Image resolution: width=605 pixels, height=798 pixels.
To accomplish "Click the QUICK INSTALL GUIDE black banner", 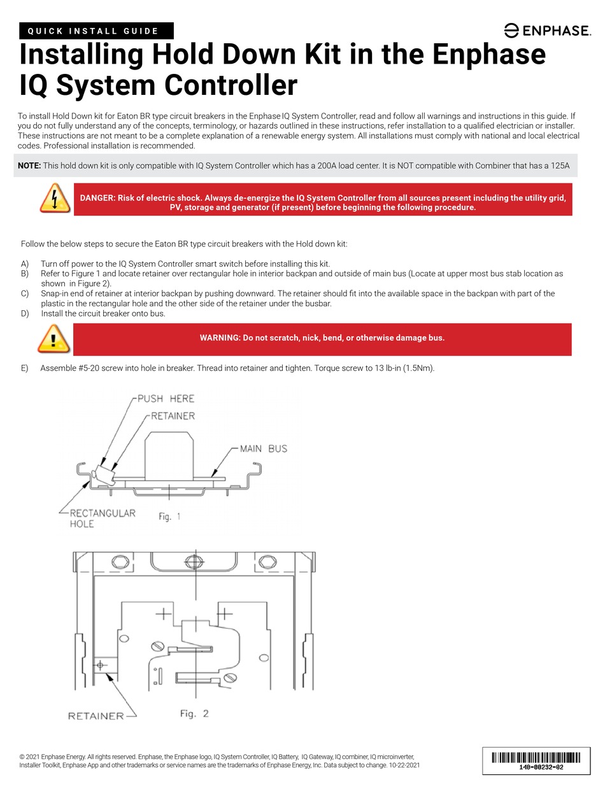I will [97, 31].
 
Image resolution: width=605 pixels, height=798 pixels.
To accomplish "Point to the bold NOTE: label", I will [29, 166].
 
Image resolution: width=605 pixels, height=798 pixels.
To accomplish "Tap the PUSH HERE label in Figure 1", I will [166, 399].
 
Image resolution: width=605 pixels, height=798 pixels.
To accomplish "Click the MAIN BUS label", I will [263, 448].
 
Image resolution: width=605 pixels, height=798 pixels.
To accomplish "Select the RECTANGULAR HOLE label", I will [102, 518].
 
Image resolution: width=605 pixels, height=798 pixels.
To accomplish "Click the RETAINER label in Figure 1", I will [173, 416].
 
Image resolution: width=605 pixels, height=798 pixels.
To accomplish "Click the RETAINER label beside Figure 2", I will [96, 716].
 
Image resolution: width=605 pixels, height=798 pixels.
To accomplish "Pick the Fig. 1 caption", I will [169, 517].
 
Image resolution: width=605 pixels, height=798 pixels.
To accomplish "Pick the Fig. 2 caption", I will [194, 713].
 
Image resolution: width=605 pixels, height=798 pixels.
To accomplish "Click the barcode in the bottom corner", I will [536, 757].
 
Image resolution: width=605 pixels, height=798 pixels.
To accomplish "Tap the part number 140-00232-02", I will [536, 768].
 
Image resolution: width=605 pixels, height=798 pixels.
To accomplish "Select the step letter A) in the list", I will [25, 264].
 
